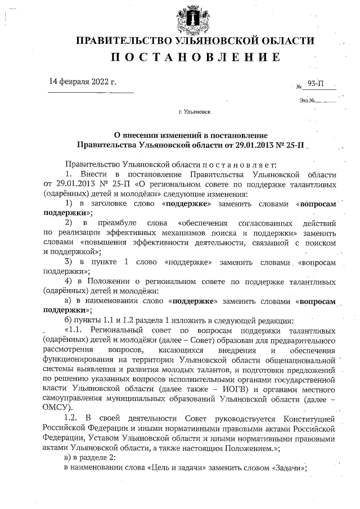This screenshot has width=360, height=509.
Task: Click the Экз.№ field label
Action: (307, 101)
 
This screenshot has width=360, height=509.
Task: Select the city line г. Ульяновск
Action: (194, 112)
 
